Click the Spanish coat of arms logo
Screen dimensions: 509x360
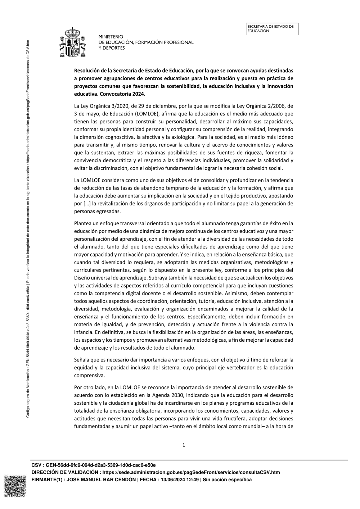point(73,42)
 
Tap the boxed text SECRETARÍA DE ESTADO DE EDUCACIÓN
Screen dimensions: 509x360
point(273,29)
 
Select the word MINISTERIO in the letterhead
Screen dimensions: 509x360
point(111,37)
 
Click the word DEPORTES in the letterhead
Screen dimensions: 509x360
point(114,48)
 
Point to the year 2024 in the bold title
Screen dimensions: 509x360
point(139,94)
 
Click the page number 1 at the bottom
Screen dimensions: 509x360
point(184,445)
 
